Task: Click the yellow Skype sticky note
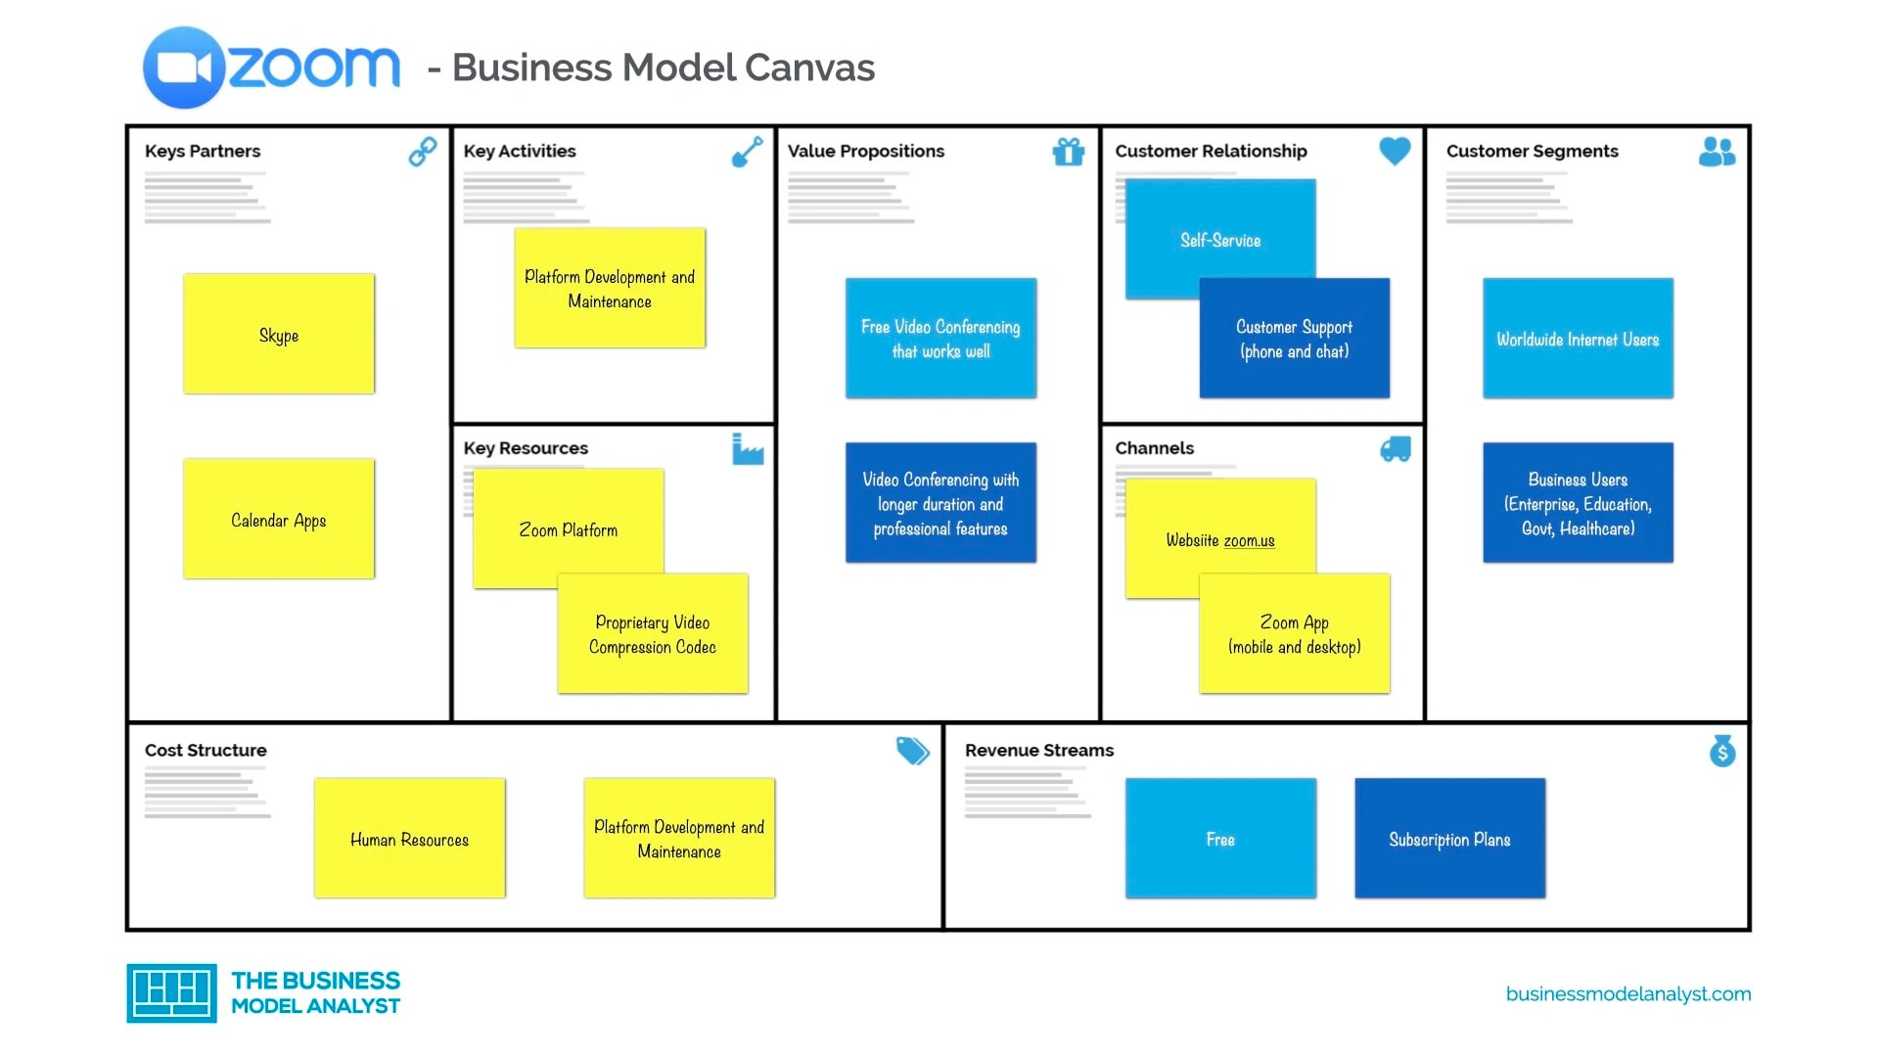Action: click(x=279, y=334)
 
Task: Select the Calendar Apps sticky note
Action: click(x=279, y=519)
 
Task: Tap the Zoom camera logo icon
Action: click(x=184, y=68)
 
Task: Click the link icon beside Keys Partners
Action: click(x=423, y=152)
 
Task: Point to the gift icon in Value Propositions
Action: click(x=1069, y=152)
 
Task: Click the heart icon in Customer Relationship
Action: click(x=1395, y=151)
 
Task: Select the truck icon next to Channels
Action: click(x=1396, y=449)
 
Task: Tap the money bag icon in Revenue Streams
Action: click(x=1722, y=751)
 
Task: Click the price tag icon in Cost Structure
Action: click(x=912, y=751)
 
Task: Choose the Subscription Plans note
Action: click(x=1449, y=839)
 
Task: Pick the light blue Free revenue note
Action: click(x=1220, y=839)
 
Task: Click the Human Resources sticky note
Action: click(x=409, y=839)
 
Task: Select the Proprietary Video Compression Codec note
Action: click(x=653, y=634)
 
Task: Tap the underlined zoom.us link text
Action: click(x=1249, y=541)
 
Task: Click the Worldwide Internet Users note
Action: click(x=1578, y=339)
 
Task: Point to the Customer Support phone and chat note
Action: click(x=1294, y=339)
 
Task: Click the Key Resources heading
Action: click(x=526, y=448)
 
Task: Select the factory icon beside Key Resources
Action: click(x=748, y=449)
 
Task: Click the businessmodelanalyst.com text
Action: click(x=1628, y=994)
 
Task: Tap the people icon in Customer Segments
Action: click(x=1717, y=152)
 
